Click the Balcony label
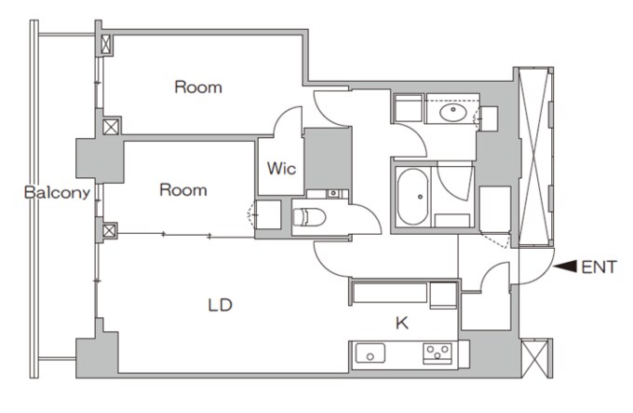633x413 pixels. (x=57, y=193)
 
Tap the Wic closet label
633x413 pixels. (x=281, y=168)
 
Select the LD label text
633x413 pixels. (x=221, y=305)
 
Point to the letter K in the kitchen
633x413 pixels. (x=402, y=323)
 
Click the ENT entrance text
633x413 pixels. (x=599, y=268)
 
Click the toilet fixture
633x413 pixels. (x=309, y=217)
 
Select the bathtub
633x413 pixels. (x=412, y=197)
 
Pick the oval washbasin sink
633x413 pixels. (x=453, y=113)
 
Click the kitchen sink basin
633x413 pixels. (x=370, y=353)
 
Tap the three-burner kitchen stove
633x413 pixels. (x=438, y=353)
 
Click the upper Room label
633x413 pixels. (x=198, y=88)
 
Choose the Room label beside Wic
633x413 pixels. (x=183, y=190)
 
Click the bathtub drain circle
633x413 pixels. (x=420, y=197)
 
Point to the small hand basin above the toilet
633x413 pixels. (x=333, y=194)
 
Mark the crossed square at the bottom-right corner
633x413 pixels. (x=536, y=358)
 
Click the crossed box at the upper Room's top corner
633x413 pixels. (x=106, y=45)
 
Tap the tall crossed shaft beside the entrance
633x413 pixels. (x=535, y=157)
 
